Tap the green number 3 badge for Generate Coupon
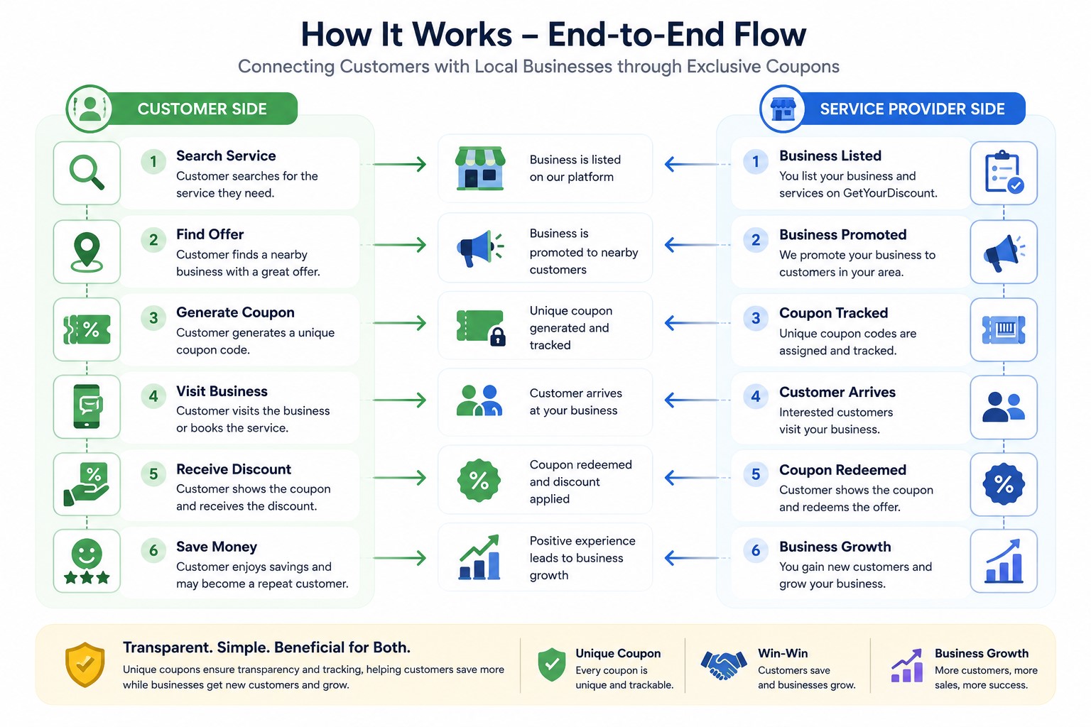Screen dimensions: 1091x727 point(153,318)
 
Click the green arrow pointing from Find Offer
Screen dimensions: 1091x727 point(399,244)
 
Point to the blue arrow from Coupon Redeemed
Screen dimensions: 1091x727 point(692,478)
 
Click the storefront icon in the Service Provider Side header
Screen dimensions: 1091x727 point(783,109)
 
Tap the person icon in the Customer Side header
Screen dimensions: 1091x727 point(89,109)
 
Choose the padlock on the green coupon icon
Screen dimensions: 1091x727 point(497,337)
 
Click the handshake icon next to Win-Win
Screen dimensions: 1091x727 point(723,665)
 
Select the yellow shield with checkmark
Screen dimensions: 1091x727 point(85,665)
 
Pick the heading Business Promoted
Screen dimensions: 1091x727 point(842,235)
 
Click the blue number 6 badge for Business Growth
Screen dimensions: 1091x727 point(756,551)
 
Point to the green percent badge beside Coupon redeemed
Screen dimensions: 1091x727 point(479,480)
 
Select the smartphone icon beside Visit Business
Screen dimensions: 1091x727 point(87,407)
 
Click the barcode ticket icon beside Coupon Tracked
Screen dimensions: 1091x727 point(1004,329)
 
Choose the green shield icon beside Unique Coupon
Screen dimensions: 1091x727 point(551,665)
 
